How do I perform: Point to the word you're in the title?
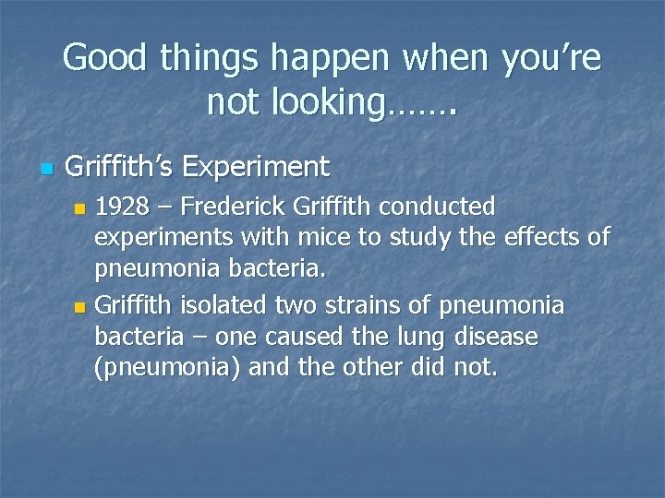550,60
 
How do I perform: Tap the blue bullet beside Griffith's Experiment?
47,170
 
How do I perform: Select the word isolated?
217,304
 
